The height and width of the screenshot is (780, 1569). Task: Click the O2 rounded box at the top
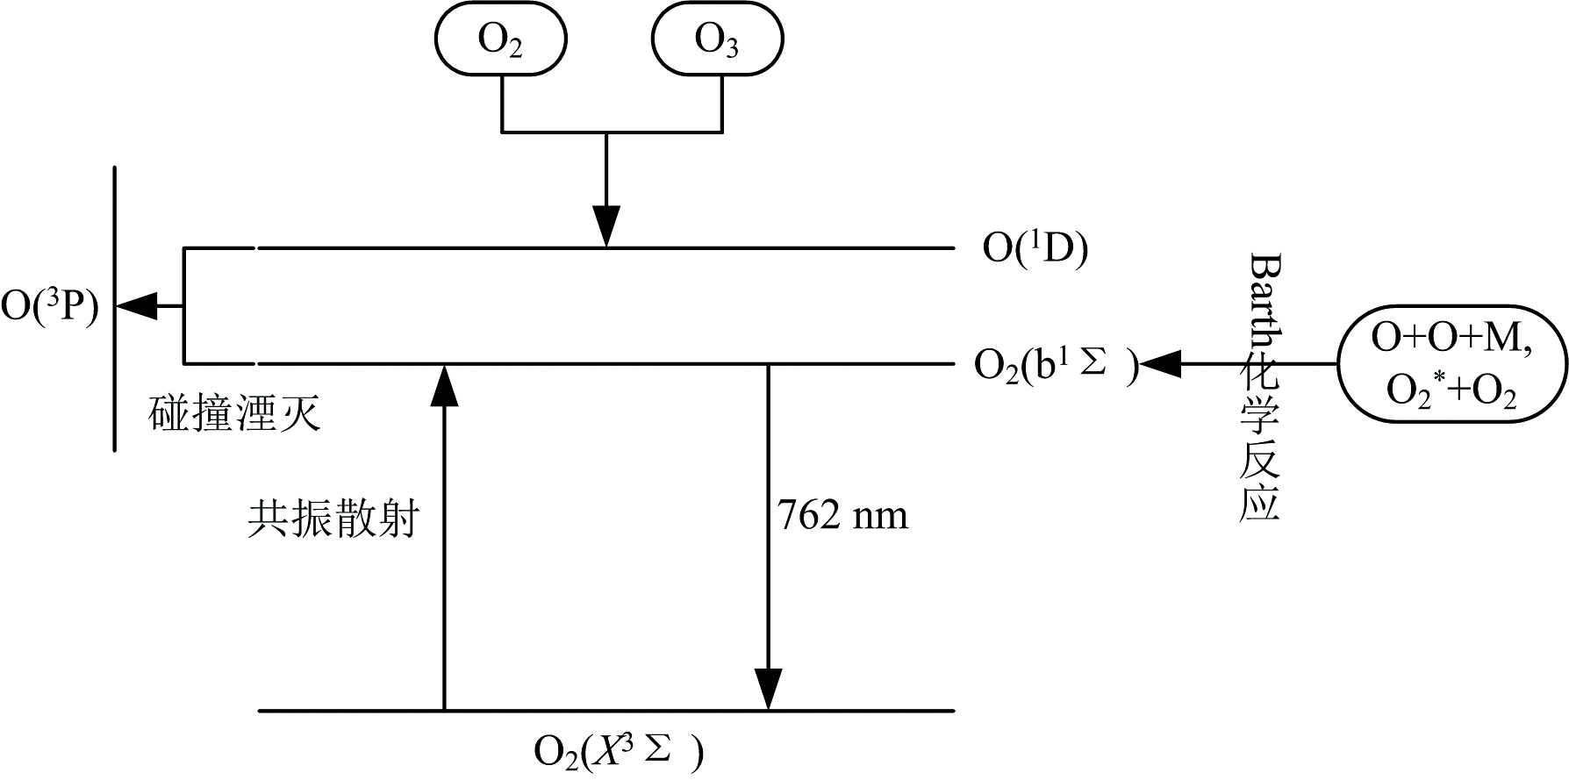(x=500, y=40)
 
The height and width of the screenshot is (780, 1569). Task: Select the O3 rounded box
(x=717, y=40)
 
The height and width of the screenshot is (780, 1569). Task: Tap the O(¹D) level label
(x=1035, y=249)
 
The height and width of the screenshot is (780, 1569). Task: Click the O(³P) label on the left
(x=50, y=307)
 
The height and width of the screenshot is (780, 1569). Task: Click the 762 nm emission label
(x=842, y=515)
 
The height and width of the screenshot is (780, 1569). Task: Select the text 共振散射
(x=333, y=519)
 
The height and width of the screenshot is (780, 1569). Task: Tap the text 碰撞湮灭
(x=235, y=413)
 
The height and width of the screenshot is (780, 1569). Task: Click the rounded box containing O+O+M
(x=1451, y=363)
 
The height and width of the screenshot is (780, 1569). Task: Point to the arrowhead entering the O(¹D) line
(x=606, y=227)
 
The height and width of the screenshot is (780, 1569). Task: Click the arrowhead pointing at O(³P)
(x=137, y=306)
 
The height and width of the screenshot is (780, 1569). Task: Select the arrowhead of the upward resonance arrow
(x=444, y=386)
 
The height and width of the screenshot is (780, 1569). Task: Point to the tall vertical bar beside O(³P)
(x=115, y=307)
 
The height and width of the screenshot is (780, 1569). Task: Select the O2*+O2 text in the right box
(x=1451, y=392)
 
